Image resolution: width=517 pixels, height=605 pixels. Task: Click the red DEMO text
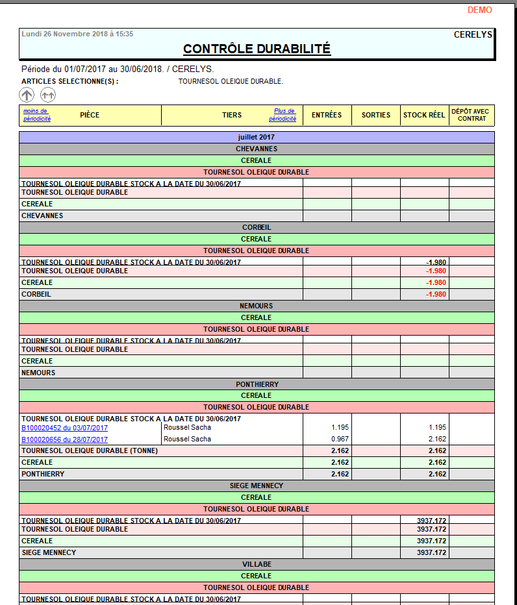click(479, 10)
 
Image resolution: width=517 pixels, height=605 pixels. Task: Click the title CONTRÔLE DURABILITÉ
click(257, 49)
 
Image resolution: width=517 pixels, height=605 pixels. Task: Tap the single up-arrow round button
click(27, 95)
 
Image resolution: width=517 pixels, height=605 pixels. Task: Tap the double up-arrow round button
click(48, 95)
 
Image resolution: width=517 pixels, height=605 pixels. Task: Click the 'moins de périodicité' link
click(37, 115)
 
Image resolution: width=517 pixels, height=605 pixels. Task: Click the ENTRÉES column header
click(327, 115)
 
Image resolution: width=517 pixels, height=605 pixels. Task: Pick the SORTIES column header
click(376, 115)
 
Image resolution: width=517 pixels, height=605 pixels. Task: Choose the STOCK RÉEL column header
click(424, 115)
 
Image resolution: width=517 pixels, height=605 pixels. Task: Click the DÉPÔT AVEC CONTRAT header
click(472, 115)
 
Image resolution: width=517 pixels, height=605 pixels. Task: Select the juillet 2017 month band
click(257, 138)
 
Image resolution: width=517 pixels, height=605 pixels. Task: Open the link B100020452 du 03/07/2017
click(65, 428)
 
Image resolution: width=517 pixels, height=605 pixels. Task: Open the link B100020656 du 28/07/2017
click(65, 439)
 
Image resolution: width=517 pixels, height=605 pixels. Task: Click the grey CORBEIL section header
click(257, 228)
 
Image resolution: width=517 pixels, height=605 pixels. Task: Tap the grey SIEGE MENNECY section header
click(257, 486)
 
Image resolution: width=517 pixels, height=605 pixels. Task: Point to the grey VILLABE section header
click(257, 564)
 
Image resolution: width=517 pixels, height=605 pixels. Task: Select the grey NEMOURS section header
click(257, 306)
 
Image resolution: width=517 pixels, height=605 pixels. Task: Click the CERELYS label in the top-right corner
click(473, 34)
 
